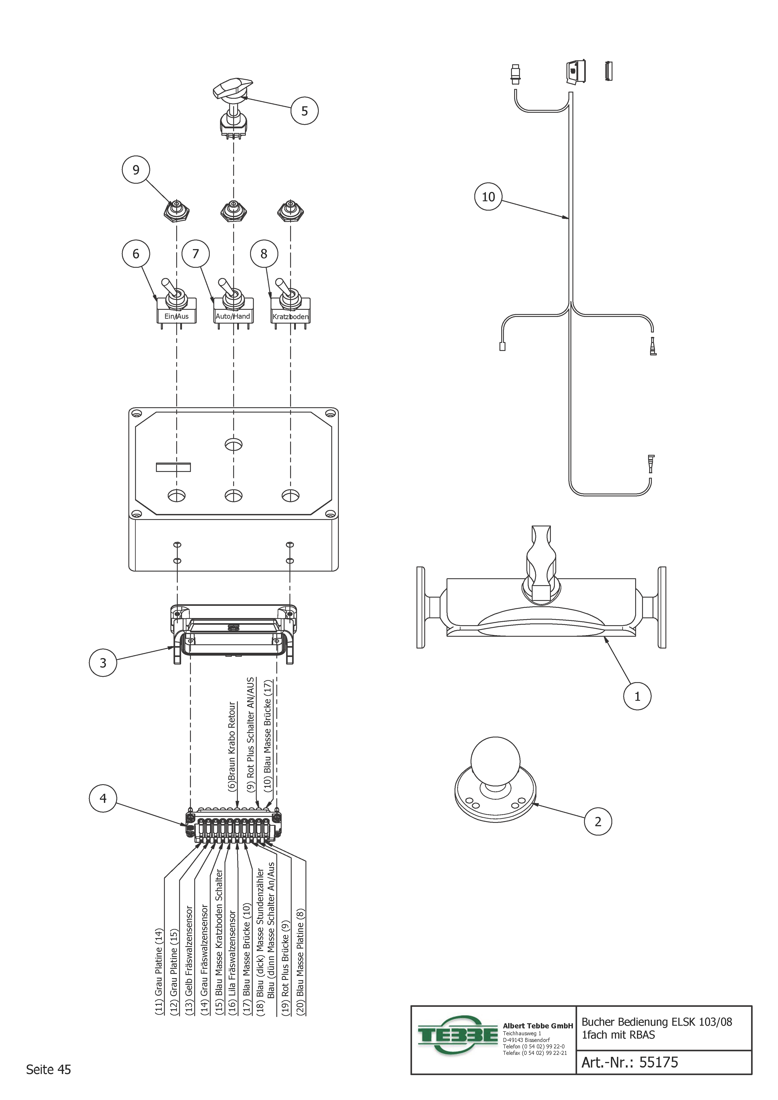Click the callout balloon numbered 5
(x=304, y=111)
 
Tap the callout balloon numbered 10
(x=488, y=196)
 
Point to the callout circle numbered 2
(x=598, y=822)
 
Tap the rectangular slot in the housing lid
(x=173, y=467)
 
